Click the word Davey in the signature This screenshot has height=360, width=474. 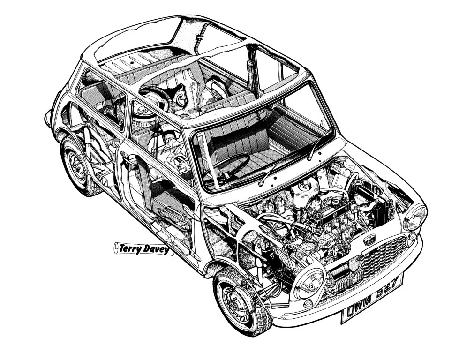coord(156,250)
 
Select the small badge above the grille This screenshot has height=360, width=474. coord(370,239)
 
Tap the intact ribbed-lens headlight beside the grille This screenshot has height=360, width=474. coord(415,217)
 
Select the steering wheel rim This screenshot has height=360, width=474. coord(227,165)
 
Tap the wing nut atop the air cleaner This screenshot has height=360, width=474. coord(302,186)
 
